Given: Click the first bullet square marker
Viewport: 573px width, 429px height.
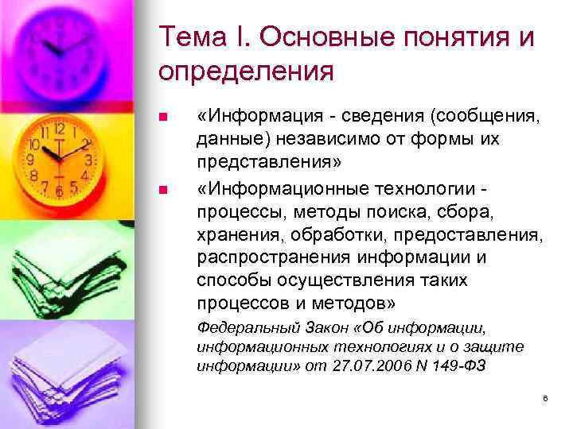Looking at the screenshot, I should [163, 118].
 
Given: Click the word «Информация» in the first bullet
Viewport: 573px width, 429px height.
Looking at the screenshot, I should [253, 118].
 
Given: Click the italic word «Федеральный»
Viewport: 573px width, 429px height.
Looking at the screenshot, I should [236, 327].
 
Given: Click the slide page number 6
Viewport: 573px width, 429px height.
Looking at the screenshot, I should [546, 397].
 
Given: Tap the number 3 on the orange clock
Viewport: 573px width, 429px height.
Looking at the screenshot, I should [89, 160].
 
